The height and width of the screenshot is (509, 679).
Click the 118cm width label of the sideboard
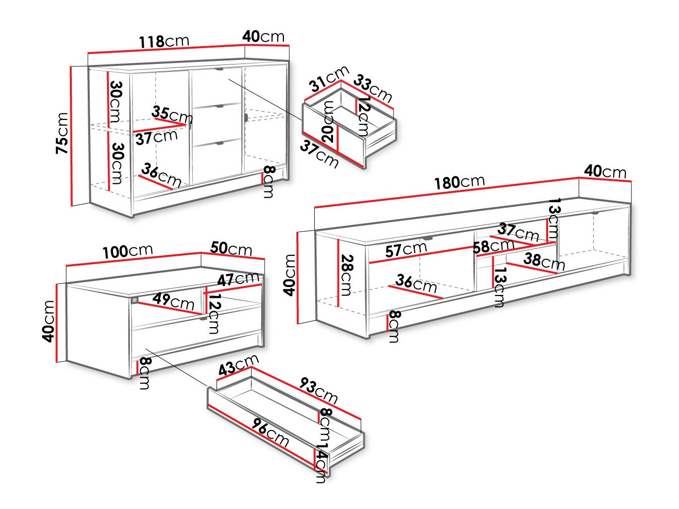164,41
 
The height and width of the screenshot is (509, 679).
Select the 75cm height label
62,133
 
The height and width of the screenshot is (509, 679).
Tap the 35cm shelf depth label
172,114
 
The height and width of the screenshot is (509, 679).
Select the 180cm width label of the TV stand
459,182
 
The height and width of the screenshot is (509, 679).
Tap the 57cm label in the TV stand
406,249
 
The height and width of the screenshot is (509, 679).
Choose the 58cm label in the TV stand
493,246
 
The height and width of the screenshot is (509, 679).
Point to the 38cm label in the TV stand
544,261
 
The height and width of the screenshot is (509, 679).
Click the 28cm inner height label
346,275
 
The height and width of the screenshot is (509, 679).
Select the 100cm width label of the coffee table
127,251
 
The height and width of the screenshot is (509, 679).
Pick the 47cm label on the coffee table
238,280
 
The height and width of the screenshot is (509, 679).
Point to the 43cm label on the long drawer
238,365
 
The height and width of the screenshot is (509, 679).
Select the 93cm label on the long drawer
318,391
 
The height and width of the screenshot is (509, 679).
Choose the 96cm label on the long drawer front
270,432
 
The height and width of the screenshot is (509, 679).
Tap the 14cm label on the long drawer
321,463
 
